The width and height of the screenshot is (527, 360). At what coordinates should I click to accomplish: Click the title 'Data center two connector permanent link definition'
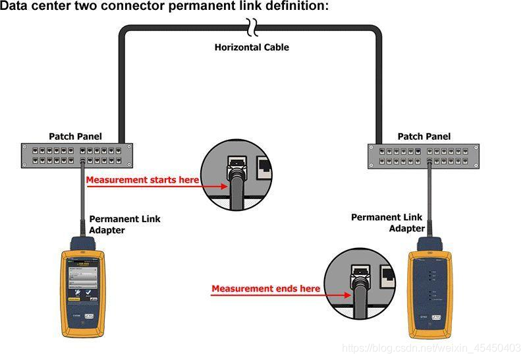[x=164, y=6]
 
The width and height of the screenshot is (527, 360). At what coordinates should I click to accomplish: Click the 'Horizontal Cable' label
[x=252, y=47]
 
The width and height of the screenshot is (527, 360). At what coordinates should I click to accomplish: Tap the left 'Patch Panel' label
[x=75, y=136]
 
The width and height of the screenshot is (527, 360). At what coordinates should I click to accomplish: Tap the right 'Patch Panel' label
[x=424, y=136]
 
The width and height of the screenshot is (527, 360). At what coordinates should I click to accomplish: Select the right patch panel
[x=424, y=156]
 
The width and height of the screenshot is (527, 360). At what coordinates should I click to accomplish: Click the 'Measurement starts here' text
[x=142, y=180]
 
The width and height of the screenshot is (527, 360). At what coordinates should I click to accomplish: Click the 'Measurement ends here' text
[x=265, y=288]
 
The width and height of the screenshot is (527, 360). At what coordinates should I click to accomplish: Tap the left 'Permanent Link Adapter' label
[x=125, y=224]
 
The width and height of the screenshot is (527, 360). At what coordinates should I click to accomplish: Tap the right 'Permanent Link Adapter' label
[x=387, y=222]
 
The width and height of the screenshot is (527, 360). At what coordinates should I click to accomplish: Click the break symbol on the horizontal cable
[x=251, y=27]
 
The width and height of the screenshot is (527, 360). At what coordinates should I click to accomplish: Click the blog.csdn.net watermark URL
[x=433, y=347]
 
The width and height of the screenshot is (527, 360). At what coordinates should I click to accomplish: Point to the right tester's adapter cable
[x=428, y=198]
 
